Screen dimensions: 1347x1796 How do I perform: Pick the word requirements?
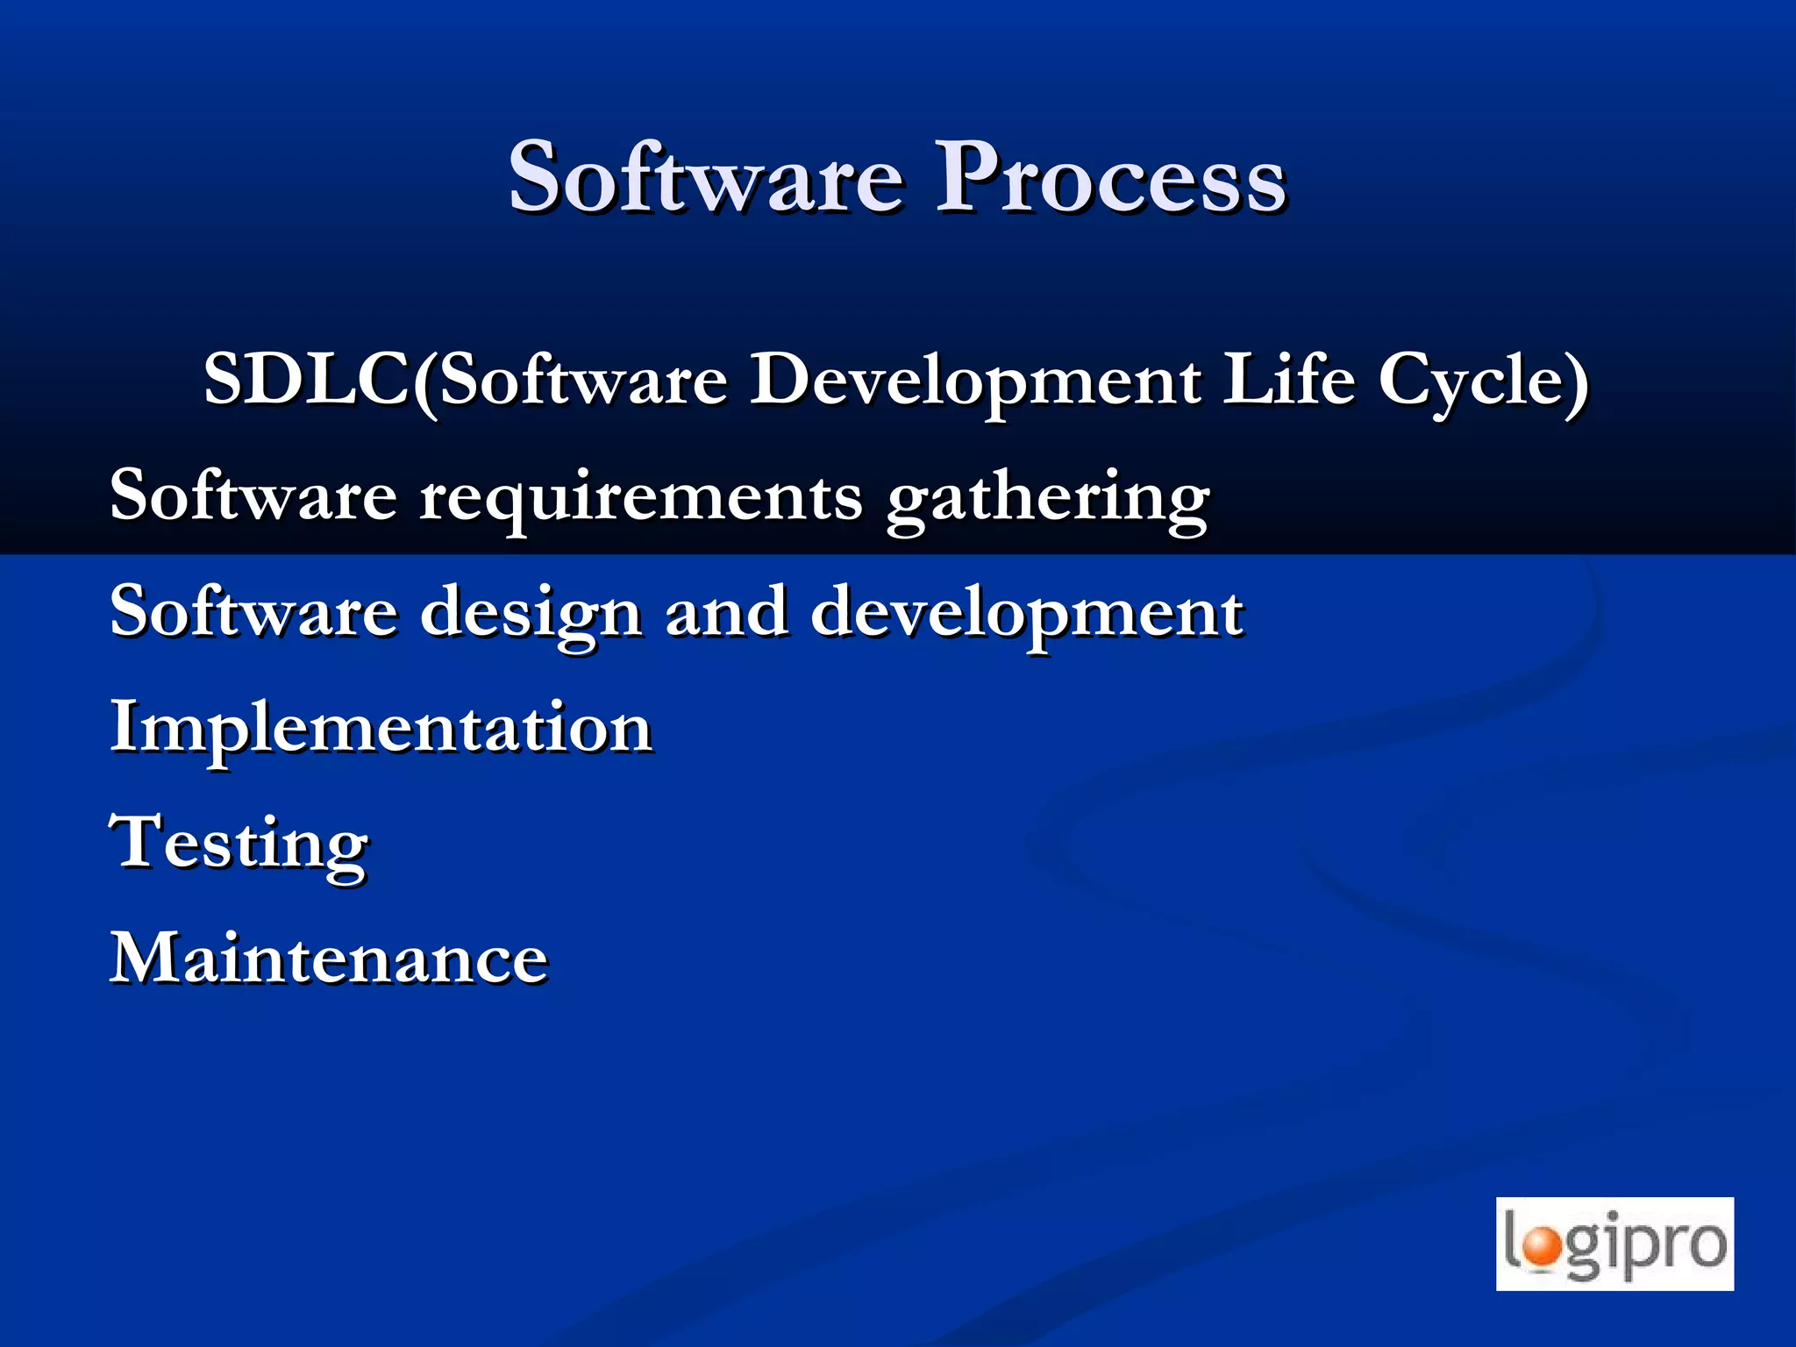tap(641, 498)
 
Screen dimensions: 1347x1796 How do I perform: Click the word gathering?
tap(1048, 498)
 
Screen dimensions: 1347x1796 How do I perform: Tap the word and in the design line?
tap(726, 612)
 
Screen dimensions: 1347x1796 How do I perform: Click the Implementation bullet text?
tap(381, 729)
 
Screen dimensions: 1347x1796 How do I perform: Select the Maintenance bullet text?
tap(329, 959)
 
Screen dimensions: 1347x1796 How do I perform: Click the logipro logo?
tap(1614, 1244)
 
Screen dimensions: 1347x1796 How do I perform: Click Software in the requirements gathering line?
tap(253, 496)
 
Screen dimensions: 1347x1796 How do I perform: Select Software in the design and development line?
tap(253, 612)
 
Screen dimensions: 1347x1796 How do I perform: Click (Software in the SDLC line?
tap(570, 381)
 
